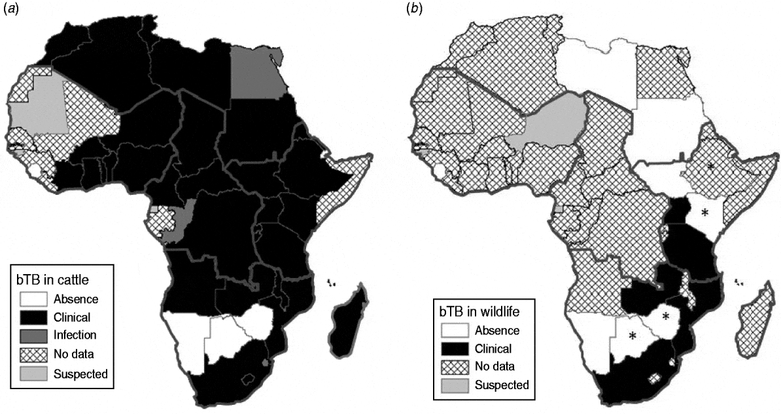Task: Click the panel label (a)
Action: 10,9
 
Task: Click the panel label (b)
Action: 413,9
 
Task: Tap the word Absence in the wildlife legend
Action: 497,330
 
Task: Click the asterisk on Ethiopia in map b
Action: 709,167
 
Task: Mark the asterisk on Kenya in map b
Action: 704,212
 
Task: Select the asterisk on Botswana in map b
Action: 633,336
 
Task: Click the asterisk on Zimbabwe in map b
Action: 665,317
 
